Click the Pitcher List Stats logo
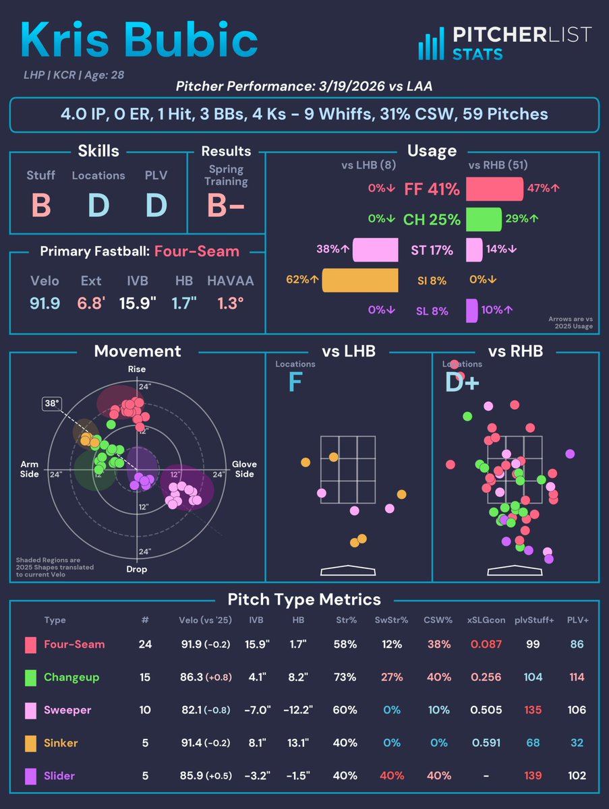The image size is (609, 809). click(x=504, y=43)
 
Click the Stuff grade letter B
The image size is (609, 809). click(x=40, y=205)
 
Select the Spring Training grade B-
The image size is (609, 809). click(x=226, y=206)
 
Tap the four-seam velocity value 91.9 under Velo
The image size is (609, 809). click(x=45, y=303)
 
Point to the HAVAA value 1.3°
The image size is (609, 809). click(x=227, y=303)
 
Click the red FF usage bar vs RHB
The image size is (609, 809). click(x=494, y=189)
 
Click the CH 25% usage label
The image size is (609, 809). click(x=432, y=219)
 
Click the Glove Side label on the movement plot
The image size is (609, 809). click(x=243, y=469)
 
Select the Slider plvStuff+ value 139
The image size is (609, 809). click(x=533, y=776)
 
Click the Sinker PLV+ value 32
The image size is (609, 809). click(x=576, y=743)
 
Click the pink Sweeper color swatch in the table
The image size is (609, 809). click(x=30, y=710)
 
